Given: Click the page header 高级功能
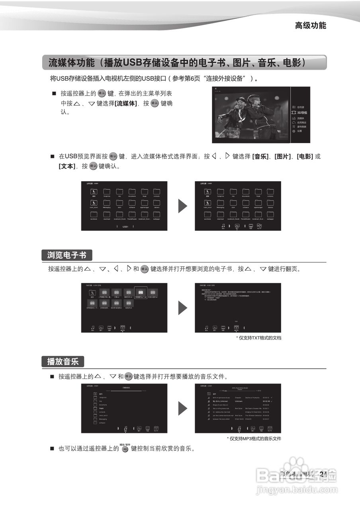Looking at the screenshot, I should point(310,25).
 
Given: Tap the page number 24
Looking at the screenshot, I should point(323,474).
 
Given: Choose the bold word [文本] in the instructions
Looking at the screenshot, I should point(67,166).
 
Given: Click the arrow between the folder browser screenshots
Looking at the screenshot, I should point(182,206).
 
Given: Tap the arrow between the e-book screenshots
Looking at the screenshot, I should point(182,308).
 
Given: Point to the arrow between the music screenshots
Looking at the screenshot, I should point(182,408).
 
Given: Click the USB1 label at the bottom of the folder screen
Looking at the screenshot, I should point(125,227).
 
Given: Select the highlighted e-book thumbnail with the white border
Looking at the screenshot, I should point(141,293).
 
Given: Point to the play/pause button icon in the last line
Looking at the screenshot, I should point(125,449).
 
